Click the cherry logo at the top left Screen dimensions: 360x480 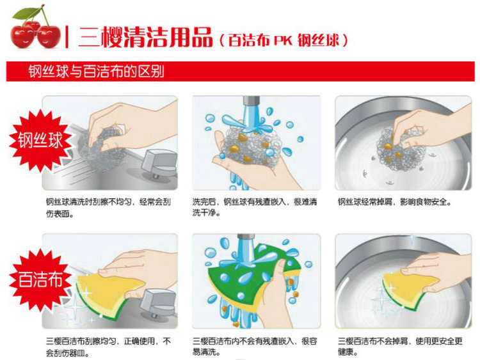pyautogui.click(x=36, y=29)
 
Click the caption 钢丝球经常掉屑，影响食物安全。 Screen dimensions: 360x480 pyautogui.click(x=395, y=203)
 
